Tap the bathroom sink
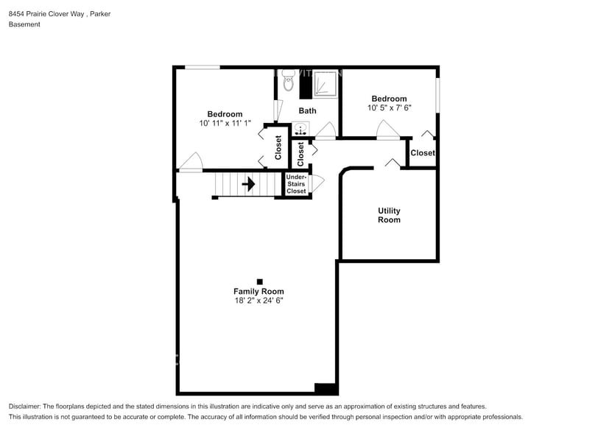301,130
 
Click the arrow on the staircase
249,184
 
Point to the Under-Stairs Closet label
296,184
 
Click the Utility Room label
389,215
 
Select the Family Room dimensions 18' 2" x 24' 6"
258,300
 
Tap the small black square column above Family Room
259,281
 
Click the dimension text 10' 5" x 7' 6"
389,108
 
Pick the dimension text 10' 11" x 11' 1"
225,124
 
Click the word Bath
307,111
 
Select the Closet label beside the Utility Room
423,153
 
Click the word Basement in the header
24,24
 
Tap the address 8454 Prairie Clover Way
43,13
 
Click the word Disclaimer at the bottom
25,406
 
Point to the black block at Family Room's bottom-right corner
325,388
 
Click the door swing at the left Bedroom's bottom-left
191,162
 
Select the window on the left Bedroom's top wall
202,68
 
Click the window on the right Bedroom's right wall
437,96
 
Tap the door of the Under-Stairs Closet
317,183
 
